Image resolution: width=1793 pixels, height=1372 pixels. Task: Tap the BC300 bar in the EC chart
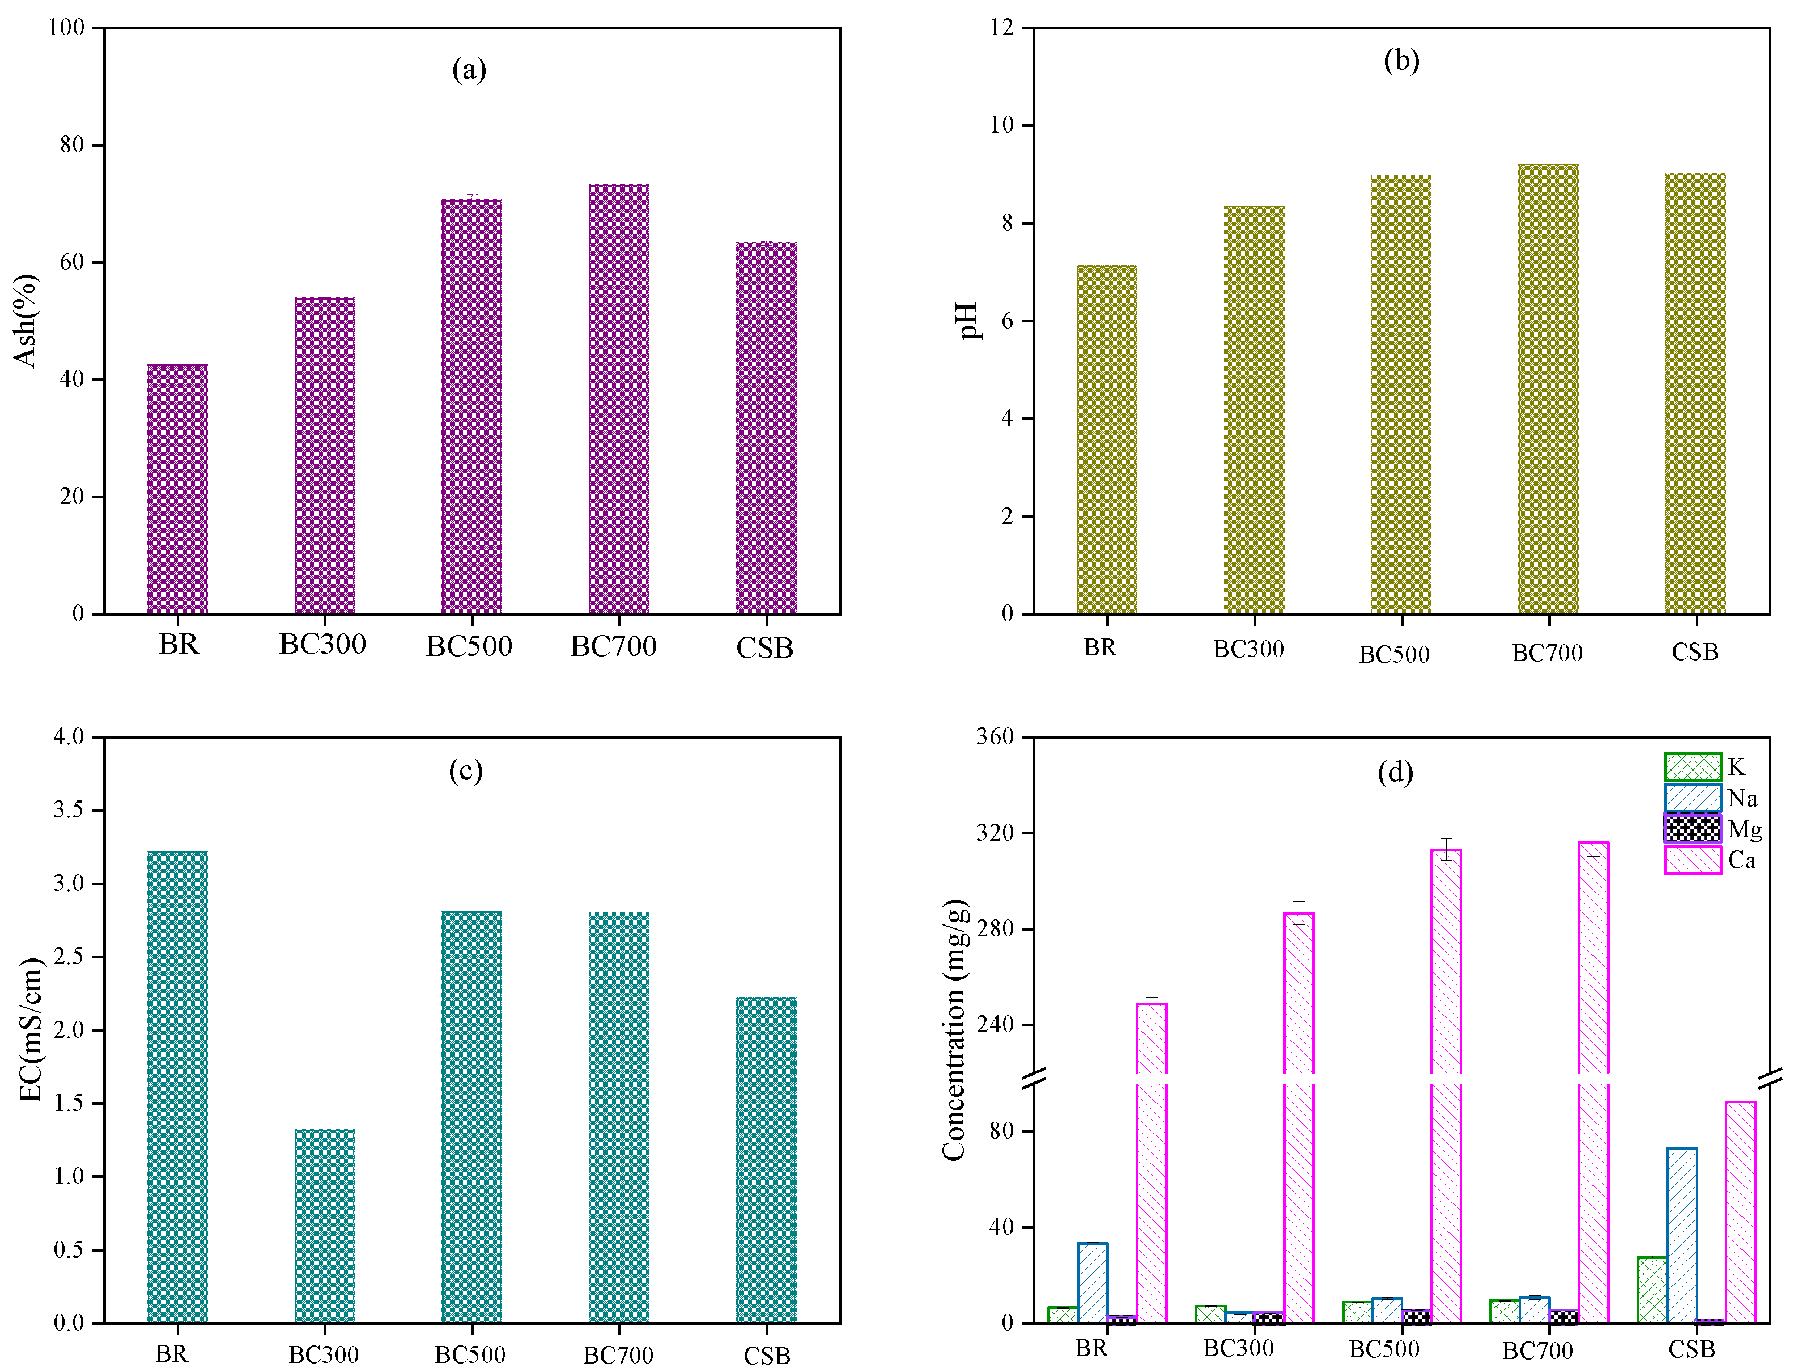(324, 1225)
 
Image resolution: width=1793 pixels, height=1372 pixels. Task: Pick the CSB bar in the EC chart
(766, 1159)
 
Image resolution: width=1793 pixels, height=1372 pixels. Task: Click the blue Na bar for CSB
(1681, 1234)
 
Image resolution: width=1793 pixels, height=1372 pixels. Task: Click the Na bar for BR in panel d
(1092, 1281)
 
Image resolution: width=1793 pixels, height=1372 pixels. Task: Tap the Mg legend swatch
(1692, 828)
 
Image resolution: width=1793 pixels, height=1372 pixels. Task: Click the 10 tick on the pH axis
(1001, 125)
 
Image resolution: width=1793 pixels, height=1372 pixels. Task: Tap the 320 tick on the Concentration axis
(996, 833)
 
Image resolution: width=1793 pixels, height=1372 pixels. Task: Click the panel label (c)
(466, 770)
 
